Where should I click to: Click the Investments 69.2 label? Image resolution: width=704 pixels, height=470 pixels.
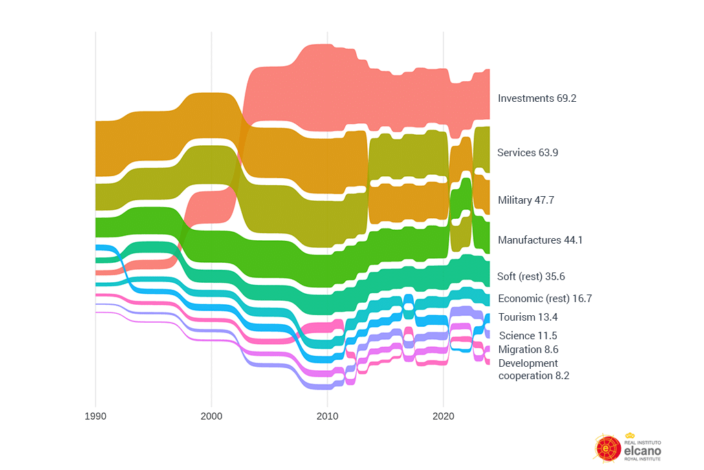(537, 98)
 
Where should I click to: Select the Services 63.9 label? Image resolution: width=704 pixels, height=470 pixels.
(527, 153)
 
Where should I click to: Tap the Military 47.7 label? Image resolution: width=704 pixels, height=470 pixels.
(525, 200)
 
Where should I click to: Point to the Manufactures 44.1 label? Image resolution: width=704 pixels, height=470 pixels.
(540, 240)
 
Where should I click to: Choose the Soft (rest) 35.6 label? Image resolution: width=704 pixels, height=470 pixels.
(531, 277)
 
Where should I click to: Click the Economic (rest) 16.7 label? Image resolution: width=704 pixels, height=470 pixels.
(544, 299)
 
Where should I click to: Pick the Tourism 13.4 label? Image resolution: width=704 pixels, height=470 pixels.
(528, 317)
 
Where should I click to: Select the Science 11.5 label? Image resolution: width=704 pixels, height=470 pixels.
(527, 336)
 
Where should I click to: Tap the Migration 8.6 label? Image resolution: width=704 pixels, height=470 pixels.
(528, 350)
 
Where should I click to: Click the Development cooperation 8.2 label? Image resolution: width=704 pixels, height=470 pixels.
(533, 370)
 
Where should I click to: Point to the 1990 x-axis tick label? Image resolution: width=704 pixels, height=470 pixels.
(95, 417)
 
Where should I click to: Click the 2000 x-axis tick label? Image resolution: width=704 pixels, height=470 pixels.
(211, 417)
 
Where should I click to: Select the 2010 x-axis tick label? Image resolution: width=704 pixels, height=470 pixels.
(327, 417)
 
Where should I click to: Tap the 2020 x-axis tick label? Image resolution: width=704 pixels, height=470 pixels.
(443, 417)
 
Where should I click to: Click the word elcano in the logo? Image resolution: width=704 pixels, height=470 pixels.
(642, 449)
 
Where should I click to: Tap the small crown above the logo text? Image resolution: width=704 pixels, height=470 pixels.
(630, 436)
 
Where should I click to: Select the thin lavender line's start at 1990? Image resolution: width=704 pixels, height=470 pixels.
(97, 312)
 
